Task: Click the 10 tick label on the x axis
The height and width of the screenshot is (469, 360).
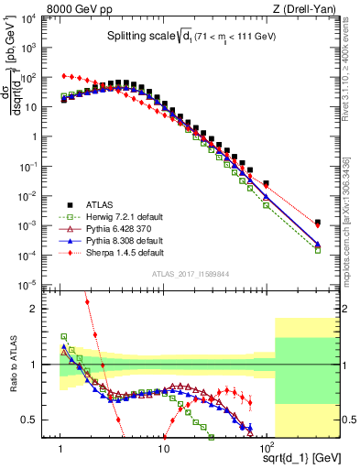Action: (163, 448)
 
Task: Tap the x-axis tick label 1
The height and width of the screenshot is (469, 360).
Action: (61, 448)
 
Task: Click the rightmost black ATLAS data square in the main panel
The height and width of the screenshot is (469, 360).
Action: (317, 222)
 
